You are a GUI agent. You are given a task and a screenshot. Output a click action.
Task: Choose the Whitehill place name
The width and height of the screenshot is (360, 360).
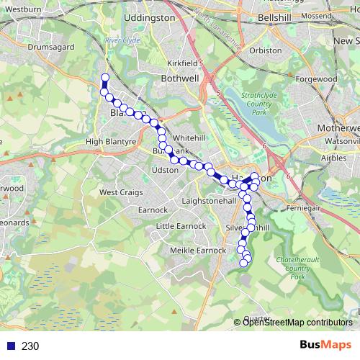(x=189, y=138)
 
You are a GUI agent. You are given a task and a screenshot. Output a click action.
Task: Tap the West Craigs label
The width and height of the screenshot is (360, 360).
(x=118, y=192)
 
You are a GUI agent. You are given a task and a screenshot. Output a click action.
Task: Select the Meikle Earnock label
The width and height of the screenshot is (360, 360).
(x=197, y=250)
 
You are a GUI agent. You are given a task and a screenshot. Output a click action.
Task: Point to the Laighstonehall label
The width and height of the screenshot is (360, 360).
(x=210, y=201)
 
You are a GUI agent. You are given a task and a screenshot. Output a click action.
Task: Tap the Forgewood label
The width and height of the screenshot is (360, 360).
(x=315, y=79)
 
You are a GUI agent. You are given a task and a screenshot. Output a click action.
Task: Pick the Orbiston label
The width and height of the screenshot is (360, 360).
(x=266, y=51)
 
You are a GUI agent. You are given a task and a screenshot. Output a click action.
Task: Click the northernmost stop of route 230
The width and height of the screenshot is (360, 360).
(x=105, y=77)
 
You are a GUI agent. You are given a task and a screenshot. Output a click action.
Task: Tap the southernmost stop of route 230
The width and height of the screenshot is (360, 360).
(x=243, y=263)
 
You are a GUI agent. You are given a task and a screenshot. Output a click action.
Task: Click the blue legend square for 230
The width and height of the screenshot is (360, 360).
(x=9, y=346)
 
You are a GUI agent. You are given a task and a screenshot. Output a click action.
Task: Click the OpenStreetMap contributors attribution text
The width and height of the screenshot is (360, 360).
(x=297, y=322)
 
